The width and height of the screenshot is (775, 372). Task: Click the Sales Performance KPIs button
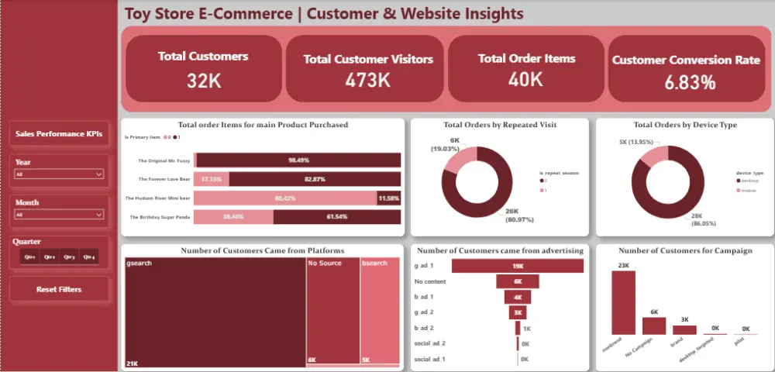pos(59,134)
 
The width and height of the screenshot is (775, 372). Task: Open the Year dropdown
pos(59,174)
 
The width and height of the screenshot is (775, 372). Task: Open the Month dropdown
pos(59,215)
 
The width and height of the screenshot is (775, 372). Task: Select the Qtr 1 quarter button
pos(29,257)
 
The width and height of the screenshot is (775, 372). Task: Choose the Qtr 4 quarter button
pos(88,257)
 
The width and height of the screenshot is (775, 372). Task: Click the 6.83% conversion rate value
pos(689,83)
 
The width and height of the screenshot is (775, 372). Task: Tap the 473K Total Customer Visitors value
pos(367,81)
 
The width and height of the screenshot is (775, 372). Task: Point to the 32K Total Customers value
pos(203,79)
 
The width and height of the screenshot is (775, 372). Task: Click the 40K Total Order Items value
pos(525,79)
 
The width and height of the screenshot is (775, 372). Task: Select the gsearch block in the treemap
pos(214,310)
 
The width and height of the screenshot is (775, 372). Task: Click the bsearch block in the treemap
pos(380,310)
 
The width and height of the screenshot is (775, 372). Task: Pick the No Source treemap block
pos(332,310)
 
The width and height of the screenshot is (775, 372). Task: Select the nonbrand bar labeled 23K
pos(623,303)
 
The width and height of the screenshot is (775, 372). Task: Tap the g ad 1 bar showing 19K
pos(518,267)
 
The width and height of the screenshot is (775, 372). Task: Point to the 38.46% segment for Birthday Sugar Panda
pos(233,217)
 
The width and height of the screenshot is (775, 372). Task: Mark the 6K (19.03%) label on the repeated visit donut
pos(455,144)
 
